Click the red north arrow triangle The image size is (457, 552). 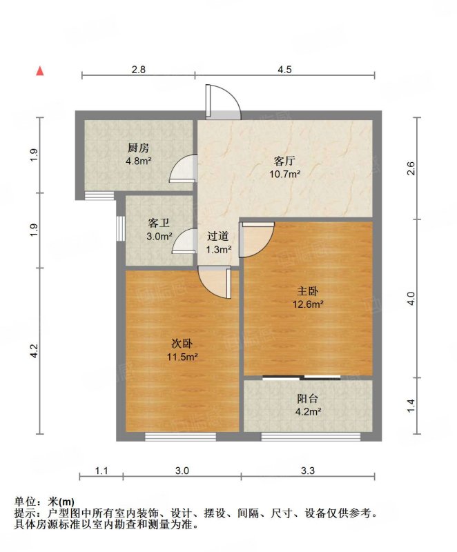coord(41,71)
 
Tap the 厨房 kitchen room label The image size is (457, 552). coord(138,148)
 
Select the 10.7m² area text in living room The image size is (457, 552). coord(285,174)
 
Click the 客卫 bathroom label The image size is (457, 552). coord(159,223)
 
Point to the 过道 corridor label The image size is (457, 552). coord(218,236)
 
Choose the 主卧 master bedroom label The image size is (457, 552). coord(308,291)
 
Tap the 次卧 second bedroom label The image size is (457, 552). coord(182,344)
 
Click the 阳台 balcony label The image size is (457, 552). coord(308,399)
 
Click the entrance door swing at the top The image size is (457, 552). coord(223,101)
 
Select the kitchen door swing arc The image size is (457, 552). coord(182,168)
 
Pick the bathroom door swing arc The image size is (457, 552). coord(184,241)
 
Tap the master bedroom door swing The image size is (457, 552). coord(256,239)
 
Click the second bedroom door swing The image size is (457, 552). coord(215,283)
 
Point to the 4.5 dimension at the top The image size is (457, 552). coord(284,70)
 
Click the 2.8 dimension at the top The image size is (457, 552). coord(138,70)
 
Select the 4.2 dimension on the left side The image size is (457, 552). coord(33,351)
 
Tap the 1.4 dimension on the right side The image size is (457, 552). coord(411,406)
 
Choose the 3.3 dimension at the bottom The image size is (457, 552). coord(308,471)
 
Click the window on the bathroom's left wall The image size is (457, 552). coord(121,228)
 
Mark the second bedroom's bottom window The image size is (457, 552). coord(180,437)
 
